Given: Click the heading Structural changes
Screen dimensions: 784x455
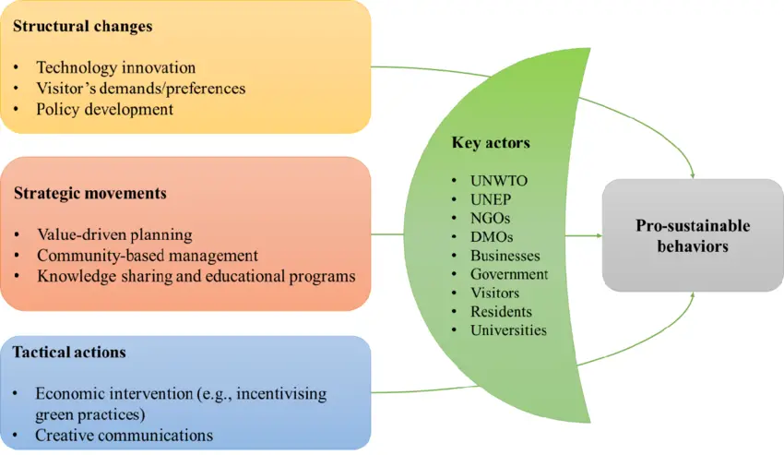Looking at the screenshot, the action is (82, 26).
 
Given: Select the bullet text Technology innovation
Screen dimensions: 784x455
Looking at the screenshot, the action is (115, 67).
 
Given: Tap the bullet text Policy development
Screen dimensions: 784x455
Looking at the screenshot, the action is (104, 109).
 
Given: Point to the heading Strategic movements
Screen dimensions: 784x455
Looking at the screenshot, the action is (90, 193).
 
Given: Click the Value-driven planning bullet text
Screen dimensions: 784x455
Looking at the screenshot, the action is (114, 234).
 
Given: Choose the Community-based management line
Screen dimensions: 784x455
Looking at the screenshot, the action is (148, 256).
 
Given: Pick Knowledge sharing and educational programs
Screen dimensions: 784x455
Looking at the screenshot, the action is (196, 276).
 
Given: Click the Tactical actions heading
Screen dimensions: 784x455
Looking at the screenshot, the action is (69, 352).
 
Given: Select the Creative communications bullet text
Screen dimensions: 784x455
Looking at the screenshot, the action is (124, 436).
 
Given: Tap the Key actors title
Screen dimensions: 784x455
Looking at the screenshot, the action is (491, 143).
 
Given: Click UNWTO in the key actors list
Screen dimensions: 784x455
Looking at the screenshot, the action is (498, 181).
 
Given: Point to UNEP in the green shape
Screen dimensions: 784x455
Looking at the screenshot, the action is (491, 199).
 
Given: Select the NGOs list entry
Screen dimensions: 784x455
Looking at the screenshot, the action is (490, 218).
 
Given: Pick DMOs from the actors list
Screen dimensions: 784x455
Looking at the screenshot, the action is (492, 237).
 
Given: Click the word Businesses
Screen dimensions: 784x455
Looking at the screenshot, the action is (505, 256).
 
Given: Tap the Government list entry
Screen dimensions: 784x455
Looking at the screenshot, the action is (509, 274).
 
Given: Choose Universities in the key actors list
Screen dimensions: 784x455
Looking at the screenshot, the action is (508, 330).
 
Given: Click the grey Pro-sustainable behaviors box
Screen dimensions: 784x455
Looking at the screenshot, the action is (693, 235).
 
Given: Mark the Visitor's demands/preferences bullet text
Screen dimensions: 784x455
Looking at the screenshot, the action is (140, 89).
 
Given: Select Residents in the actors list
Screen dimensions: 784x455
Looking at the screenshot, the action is (501, 312).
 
